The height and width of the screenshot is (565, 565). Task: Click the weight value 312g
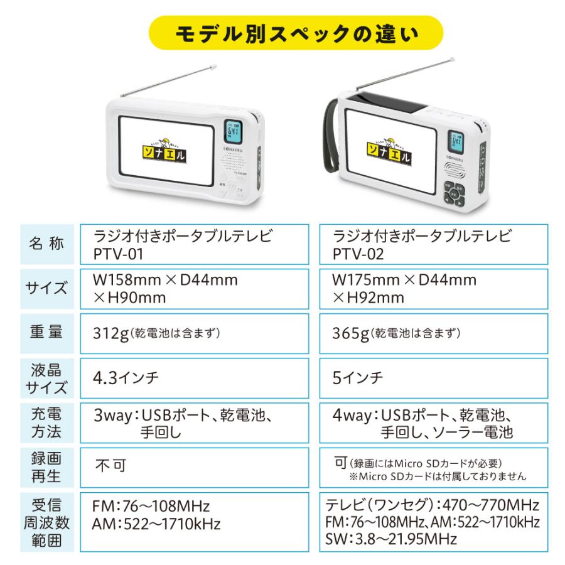pos(110,333)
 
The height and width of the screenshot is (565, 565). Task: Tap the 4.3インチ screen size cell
pos(126,377)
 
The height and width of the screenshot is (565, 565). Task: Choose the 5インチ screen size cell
pos(358,378)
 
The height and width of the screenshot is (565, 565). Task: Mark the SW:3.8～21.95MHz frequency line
pos(391,539)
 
